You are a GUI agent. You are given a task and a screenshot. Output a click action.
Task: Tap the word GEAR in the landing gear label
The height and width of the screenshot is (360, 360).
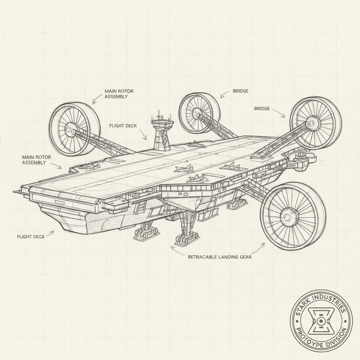tap(245, 257)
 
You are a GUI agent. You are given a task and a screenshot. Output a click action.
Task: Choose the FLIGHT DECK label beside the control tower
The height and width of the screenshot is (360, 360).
tap(123, 126)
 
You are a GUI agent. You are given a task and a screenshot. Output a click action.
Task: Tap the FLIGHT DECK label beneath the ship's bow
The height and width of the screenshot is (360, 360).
tap(31, 237)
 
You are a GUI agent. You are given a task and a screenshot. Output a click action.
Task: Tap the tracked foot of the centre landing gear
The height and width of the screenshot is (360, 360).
tap(187, 239)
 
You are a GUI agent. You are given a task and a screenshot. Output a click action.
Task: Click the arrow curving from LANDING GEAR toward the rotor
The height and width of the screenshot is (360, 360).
tap(259, 248)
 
